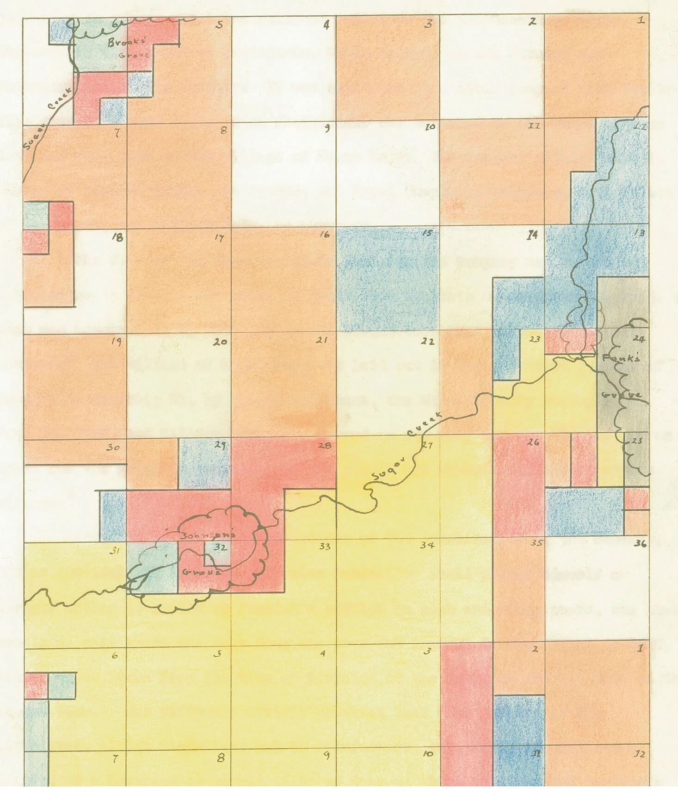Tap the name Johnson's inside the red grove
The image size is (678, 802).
point(209,535)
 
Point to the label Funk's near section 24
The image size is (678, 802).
point(616,358)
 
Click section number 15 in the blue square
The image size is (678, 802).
point(427,233)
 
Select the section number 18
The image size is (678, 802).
point(118,238)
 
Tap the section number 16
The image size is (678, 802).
point(325,235)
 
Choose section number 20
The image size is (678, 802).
point(220,342)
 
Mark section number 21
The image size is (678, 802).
point(322,341)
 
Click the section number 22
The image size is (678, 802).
point(428,342)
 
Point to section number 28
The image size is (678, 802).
point(325,446)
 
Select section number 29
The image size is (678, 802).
point(220,446)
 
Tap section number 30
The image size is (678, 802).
point(113,448)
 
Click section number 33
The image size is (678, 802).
point(325,547)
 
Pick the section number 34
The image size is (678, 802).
point(427,545)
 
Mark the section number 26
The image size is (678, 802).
point(533,442)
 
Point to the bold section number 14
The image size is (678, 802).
point(533,235)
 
